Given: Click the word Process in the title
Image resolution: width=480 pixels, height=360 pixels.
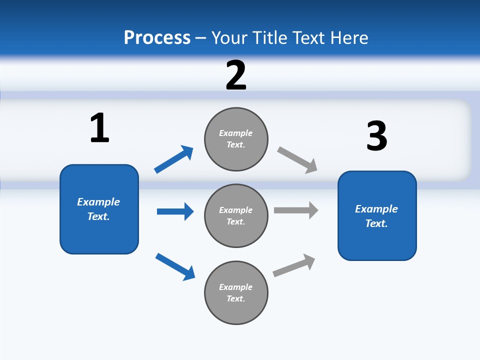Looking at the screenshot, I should click(157, 37).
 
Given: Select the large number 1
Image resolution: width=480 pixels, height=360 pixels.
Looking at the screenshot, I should click(99, 128).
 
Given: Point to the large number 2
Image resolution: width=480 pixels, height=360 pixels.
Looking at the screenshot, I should click(236, 75).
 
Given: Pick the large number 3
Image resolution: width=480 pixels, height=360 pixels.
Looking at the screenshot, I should click(376, 136).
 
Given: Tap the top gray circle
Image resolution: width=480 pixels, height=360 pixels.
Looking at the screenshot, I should click(236, 139).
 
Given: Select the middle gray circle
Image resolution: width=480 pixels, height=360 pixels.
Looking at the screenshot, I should click(236, 216).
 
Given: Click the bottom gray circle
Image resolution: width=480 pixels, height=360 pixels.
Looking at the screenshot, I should click(236, 293).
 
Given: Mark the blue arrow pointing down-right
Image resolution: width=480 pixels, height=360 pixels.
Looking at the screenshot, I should click(175, 266).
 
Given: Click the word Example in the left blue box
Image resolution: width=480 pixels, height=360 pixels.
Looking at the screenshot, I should click(98, 202).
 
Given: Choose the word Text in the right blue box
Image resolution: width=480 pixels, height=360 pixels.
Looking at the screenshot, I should click(376, 223).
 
